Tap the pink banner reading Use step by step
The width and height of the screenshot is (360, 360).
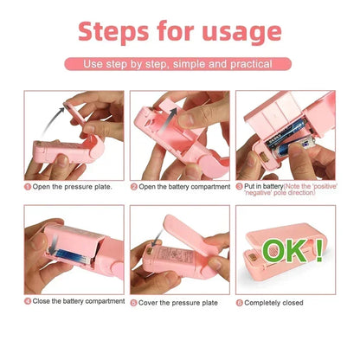(179, 64)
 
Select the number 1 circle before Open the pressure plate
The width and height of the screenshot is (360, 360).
(28, 186)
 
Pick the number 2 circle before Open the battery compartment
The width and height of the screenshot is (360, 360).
(134, 186)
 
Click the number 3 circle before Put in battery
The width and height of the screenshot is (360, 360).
(240, 185)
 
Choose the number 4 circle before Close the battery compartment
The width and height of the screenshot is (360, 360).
(28, 302)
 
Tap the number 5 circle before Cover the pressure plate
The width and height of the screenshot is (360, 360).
(134, 303)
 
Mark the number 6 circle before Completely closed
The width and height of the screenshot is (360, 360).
(240, 302)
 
